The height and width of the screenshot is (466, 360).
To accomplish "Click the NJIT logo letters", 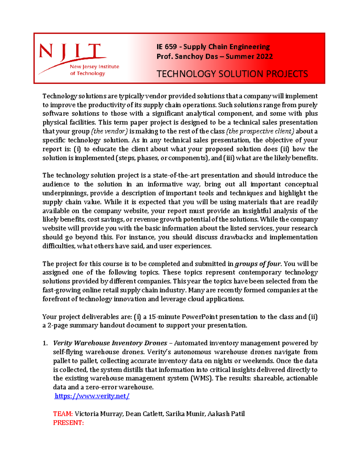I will (x=70, y=51).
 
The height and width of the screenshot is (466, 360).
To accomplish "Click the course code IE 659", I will (x=166, y=47).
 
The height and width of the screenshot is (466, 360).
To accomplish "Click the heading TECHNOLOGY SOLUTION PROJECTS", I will (x=232, y=74).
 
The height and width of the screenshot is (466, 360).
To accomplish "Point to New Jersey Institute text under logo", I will (x=94, y=67).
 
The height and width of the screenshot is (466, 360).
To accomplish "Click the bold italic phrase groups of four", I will (x=258, y=264).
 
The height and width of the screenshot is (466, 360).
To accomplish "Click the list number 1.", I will (x=45, y=343).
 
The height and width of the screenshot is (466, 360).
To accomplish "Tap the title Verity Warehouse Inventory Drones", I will (x=110, y=343).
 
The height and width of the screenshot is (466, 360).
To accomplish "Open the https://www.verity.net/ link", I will (x=92, y=396).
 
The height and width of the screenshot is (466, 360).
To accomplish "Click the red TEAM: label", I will (x=63, y=414).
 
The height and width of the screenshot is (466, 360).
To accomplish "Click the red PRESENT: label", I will (x=68, y=423).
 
